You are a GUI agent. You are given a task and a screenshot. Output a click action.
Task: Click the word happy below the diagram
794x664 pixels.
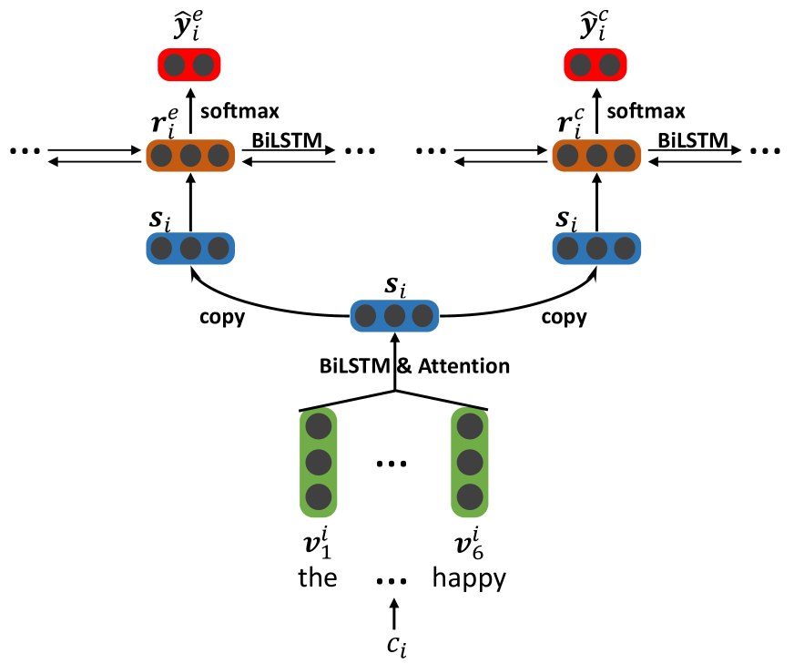point(469,577)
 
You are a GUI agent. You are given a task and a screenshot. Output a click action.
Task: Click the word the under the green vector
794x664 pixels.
point(318,577)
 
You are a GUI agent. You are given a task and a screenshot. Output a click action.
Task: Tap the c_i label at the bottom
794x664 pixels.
point(394,646)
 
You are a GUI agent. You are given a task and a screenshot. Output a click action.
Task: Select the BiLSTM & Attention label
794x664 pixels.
point(414,366)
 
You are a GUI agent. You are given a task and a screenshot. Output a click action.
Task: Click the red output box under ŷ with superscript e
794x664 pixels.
point(189,66)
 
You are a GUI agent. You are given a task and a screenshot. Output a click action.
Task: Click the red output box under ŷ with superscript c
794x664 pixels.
point(596,66)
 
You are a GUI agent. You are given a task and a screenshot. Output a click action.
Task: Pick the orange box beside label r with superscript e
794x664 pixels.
point(190,154)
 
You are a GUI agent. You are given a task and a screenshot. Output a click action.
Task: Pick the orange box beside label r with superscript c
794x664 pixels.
point(596,154)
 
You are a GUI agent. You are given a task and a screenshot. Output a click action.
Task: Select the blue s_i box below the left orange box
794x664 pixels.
point(190,249)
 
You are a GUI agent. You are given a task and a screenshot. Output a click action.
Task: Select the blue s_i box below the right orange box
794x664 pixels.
point(596,249)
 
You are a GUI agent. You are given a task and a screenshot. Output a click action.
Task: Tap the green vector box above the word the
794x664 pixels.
point(318,462)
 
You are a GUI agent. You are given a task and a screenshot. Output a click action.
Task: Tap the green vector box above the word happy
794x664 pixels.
point(470,462)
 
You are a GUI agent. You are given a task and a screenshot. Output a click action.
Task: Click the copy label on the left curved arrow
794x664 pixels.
point(223,319)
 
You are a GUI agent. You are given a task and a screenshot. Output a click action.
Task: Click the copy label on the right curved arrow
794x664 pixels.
point(564,319)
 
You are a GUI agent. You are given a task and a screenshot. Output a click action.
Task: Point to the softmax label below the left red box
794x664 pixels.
point(239,110)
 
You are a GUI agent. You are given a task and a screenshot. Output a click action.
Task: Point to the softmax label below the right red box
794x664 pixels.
point(646,110)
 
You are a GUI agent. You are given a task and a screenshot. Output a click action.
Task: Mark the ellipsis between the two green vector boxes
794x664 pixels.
point(393,465)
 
